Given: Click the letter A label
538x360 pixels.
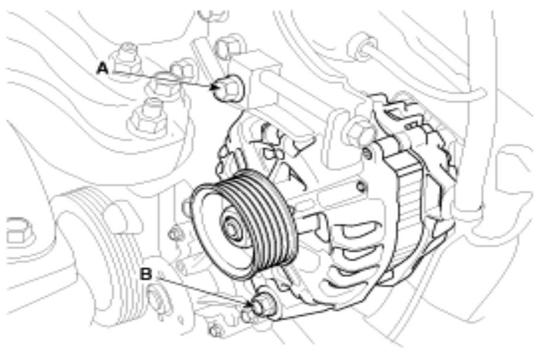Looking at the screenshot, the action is point(102,68).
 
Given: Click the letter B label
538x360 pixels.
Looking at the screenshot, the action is point(146,274).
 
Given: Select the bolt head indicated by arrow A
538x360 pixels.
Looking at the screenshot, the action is point(228,87).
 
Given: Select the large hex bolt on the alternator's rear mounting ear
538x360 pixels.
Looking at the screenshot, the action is point(357,131).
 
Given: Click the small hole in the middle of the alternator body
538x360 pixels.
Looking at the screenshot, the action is point(360,186).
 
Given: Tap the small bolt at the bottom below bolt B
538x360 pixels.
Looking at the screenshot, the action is point(216,331).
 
